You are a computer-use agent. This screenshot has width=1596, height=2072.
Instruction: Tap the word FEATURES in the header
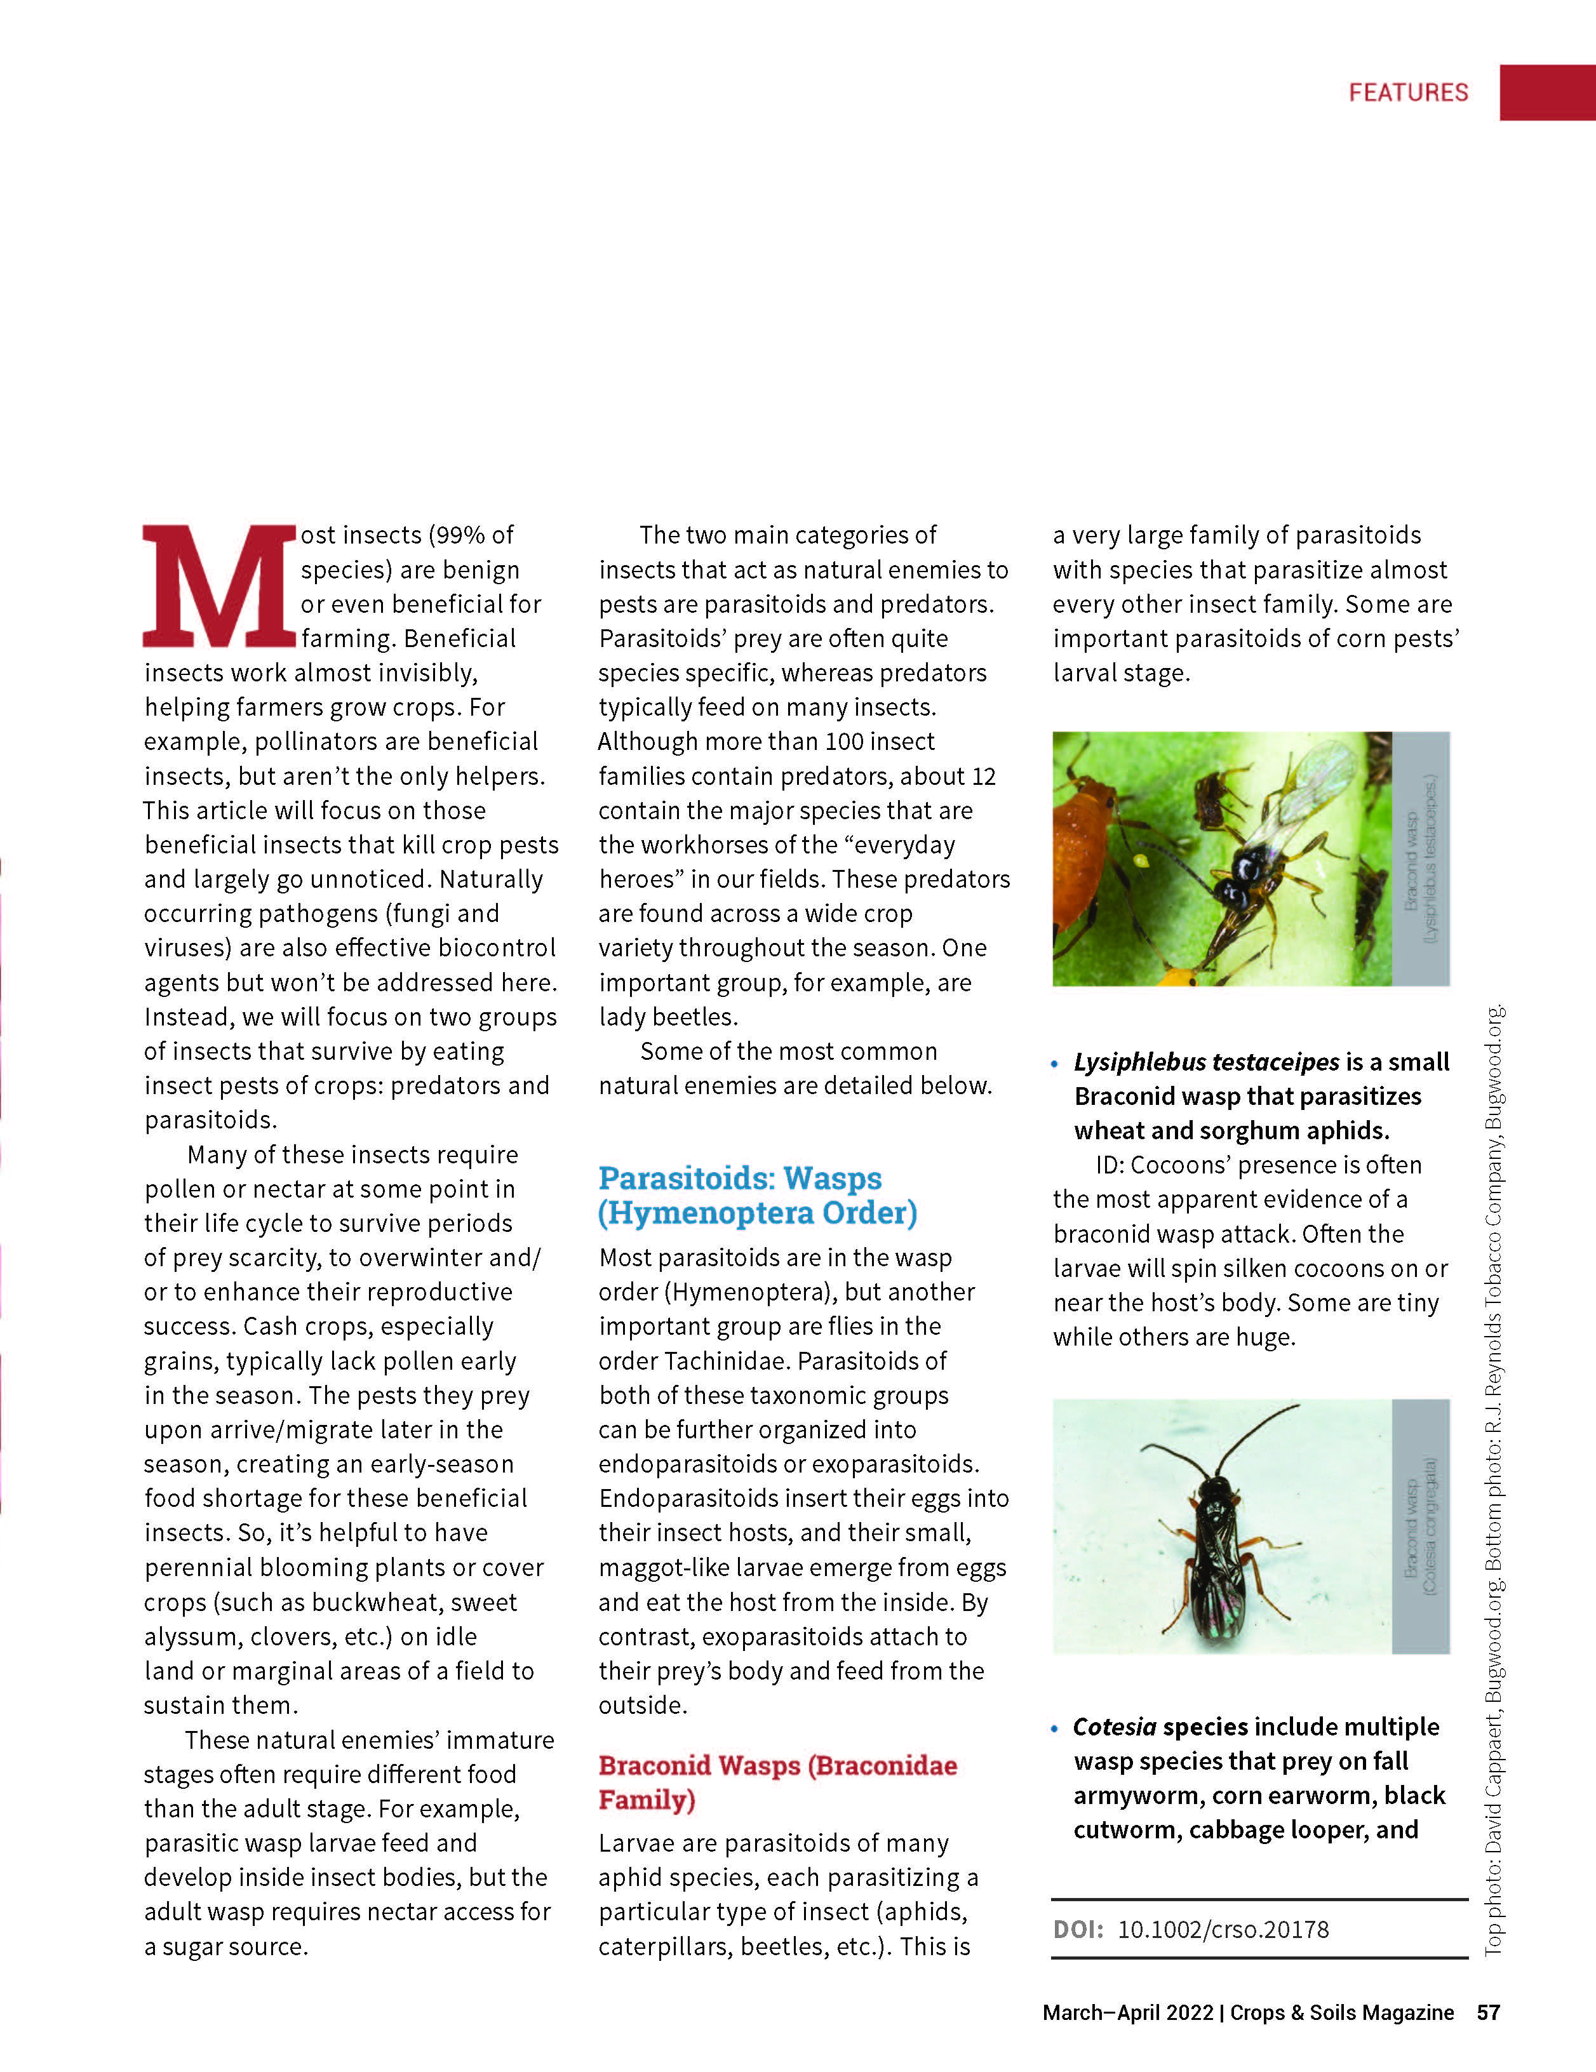coord(1408,92)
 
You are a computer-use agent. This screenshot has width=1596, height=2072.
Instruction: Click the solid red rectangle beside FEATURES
coord(1546,92)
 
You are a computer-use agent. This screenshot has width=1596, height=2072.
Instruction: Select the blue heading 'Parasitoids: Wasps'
coord(740,1179)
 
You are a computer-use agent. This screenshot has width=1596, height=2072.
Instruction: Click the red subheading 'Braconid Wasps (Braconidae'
coord(778,1765)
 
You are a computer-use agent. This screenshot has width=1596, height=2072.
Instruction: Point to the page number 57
coord(1488,2012)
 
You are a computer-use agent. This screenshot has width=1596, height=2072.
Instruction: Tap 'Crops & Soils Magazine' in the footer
coord(1342,2012)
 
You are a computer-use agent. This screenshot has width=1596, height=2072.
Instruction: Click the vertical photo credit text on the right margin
coord(1494,1480)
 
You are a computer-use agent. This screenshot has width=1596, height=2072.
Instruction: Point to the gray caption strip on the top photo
coord(1421,859)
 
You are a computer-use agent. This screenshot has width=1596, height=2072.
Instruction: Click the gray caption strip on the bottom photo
coord(1421,1527)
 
